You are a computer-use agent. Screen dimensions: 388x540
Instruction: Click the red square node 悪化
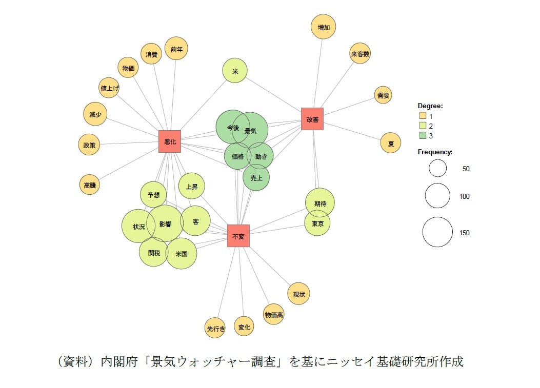(170, 141)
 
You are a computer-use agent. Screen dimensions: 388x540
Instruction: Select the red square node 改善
(312, 119)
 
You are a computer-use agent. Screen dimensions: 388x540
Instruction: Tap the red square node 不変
(238, 236)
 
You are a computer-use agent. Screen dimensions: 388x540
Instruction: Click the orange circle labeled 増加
(324, 28)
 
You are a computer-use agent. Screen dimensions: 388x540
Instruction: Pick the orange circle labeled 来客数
(360, 53)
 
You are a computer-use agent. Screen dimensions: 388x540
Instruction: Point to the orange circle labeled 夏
(391, 143)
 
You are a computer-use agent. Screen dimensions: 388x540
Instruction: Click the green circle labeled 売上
(256, 177)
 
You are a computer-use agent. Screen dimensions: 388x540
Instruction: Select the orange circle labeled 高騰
(90, 185)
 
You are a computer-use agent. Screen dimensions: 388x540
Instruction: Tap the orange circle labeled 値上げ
(109, 88)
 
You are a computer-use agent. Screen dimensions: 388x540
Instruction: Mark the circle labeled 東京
(317, 223)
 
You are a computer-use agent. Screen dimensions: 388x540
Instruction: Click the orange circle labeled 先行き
(215, 328)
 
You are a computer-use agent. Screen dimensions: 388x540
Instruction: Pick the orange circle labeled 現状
(299, 294)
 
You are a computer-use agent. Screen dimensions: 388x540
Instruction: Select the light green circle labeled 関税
(153, 252)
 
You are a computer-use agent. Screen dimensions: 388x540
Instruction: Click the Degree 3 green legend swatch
(423, 135)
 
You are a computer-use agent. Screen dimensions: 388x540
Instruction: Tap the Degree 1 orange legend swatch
(423, 116)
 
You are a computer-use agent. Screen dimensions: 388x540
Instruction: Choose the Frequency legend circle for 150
(438, 232)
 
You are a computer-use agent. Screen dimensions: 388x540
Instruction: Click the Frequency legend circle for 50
(438, 168)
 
